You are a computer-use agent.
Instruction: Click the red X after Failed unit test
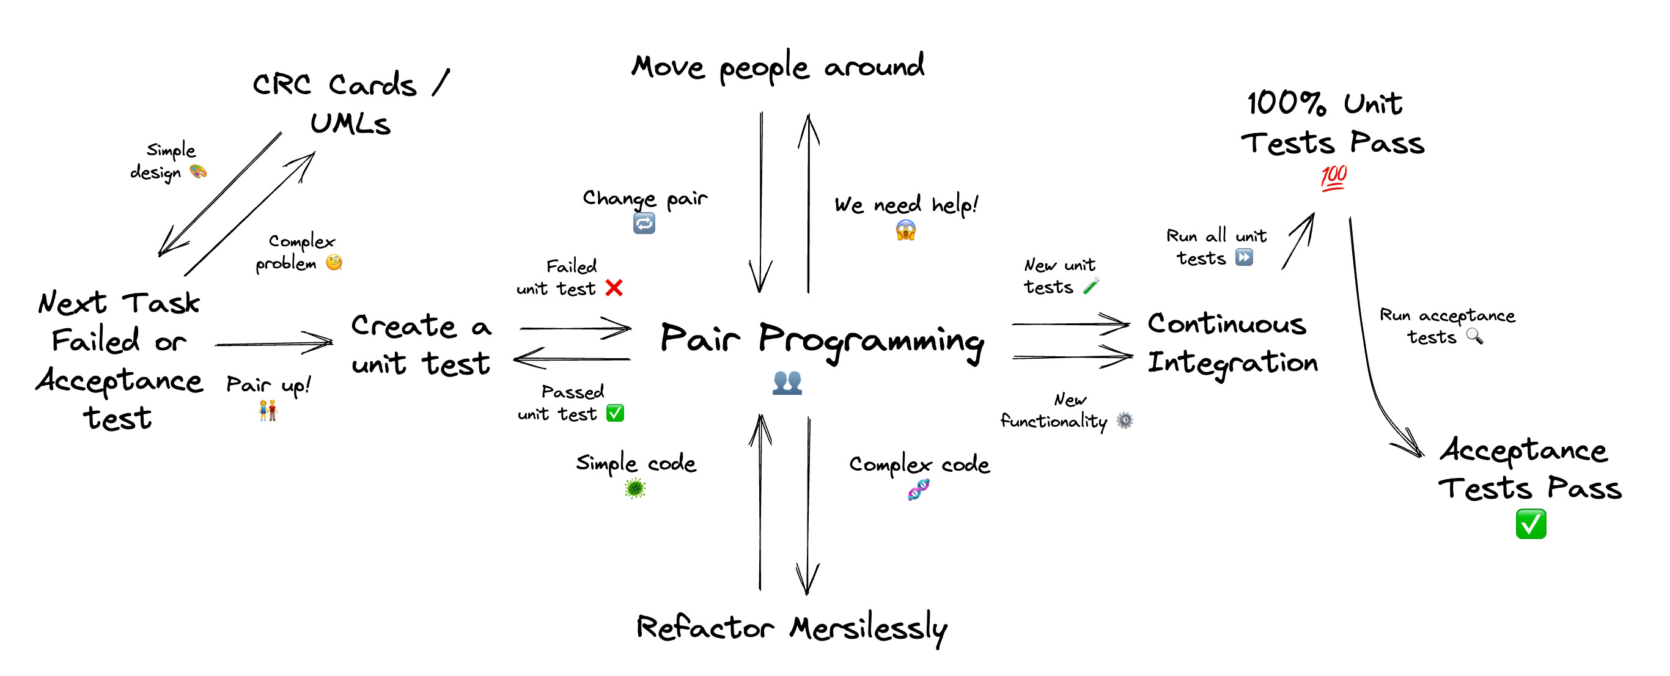(614, 288)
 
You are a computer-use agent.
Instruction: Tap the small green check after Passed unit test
(614, 413)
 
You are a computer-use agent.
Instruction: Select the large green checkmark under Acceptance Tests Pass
(1531, 524)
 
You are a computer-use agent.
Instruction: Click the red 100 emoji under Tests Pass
(1334, 177)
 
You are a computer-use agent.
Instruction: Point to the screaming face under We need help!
(906, 230)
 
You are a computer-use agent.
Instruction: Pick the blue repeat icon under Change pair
(644, 224)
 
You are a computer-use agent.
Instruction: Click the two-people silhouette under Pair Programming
(787, 383)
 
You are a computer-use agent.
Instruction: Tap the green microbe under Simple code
(635, 488)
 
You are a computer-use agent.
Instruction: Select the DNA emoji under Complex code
(919, 490)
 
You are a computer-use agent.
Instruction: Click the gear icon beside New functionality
(1125, 421)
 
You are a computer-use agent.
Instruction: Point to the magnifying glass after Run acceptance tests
(1474, 336)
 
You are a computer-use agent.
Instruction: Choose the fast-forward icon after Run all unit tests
(1243, 257)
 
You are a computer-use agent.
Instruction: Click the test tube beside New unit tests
(1091, 286)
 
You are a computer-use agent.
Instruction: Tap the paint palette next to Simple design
(197, 171)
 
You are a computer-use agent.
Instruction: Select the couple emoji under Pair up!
(268, 410)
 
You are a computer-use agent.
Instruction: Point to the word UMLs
(350, 123)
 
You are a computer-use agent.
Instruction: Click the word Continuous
(1226, 323)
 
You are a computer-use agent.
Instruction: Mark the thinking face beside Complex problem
(334, 262)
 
